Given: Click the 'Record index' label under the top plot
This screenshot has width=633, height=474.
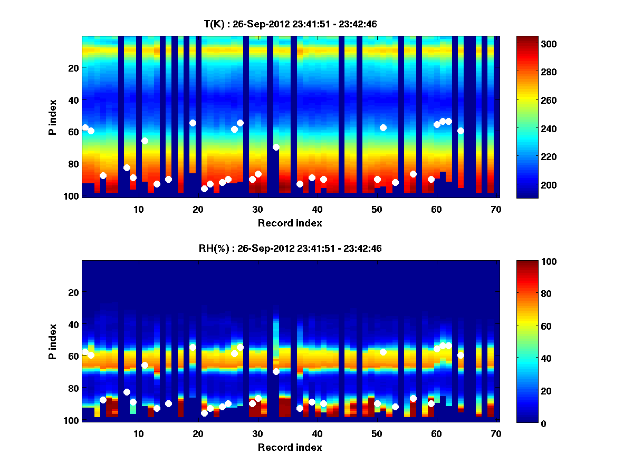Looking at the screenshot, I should (x=290, y=223).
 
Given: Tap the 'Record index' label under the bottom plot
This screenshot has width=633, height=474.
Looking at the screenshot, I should (x=290, y=447).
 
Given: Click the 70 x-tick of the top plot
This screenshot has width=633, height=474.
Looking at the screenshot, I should (x=496, y=209).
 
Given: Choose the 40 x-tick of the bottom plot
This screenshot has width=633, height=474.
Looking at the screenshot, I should (x=317, y=433).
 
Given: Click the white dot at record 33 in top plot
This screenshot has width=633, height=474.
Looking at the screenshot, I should (x=276, y=147).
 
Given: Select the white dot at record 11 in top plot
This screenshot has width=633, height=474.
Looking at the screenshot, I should (x=145, y=141).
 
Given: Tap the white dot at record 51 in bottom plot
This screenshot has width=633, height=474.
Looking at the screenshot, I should (x=383, y=352).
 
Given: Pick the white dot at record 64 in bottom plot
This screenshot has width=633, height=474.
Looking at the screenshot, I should (x=461, y=355).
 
